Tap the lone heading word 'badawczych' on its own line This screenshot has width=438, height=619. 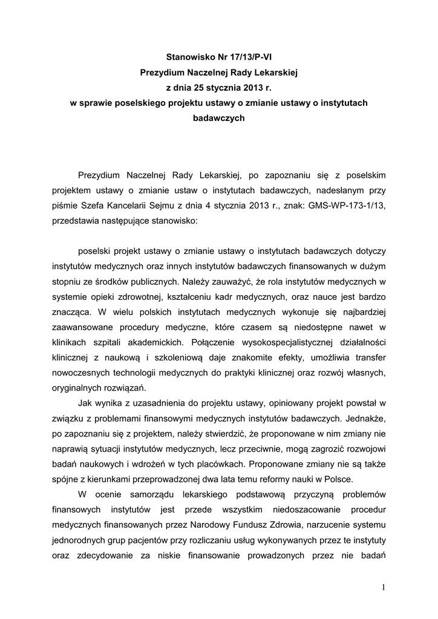tap(218, 118)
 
